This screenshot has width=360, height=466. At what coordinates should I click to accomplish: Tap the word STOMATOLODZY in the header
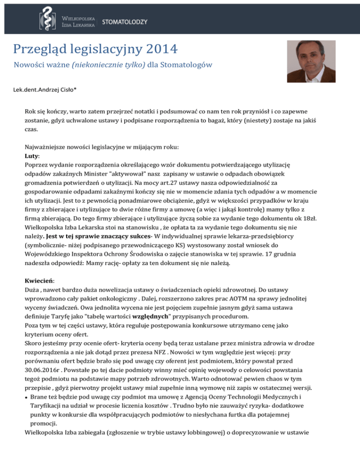coord(125,22)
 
